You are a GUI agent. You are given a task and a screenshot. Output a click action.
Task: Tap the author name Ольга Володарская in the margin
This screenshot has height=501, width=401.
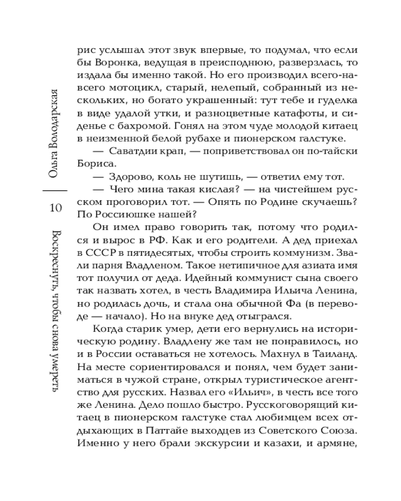(56, 134)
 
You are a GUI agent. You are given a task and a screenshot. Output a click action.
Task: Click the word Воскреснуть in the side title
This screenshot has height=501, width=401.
(56, 260)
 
